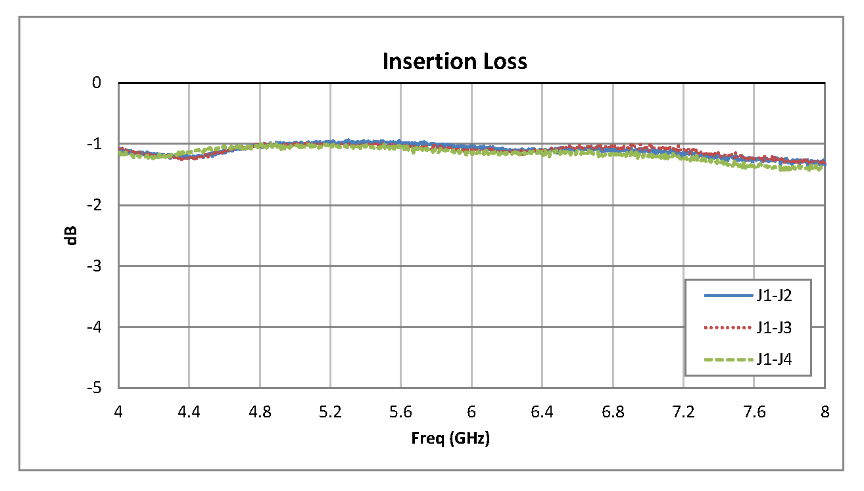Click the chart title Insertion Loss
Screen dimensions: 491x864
[454, 61]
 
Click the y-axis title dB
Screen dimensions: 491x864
[70, 236]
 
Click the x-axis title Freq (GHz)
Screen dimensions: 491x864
[451, 439]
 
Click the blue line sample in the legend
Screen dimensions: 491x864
[728, 296]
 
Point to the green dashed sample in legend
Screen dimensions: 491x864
[728, 360]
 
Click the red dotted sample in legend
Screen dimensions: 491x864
[728, 327]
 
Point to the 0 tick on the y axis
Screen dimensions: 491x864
[97, 83]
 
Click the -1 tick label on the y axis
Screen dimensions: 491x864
[95, 144]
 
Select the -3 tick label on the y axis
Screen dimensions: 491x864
[95, 266]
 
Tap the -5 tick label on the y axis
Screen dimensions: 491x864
[95, 388]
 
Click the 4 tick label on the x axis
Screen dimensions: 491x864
[119, 411]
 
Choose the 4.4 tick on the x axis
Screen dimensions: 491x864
[189, 411]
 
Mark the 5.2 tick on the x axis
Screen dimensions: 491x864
[331, 411]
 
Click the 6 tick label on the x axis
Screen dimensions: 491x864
[471, 411]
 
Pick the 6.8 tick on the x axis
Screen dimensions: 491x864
[613, 411]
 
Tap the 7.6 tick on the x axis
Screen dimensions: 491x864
[754, 411]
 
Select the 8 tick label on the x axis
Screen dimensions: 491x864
[825, 411]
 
